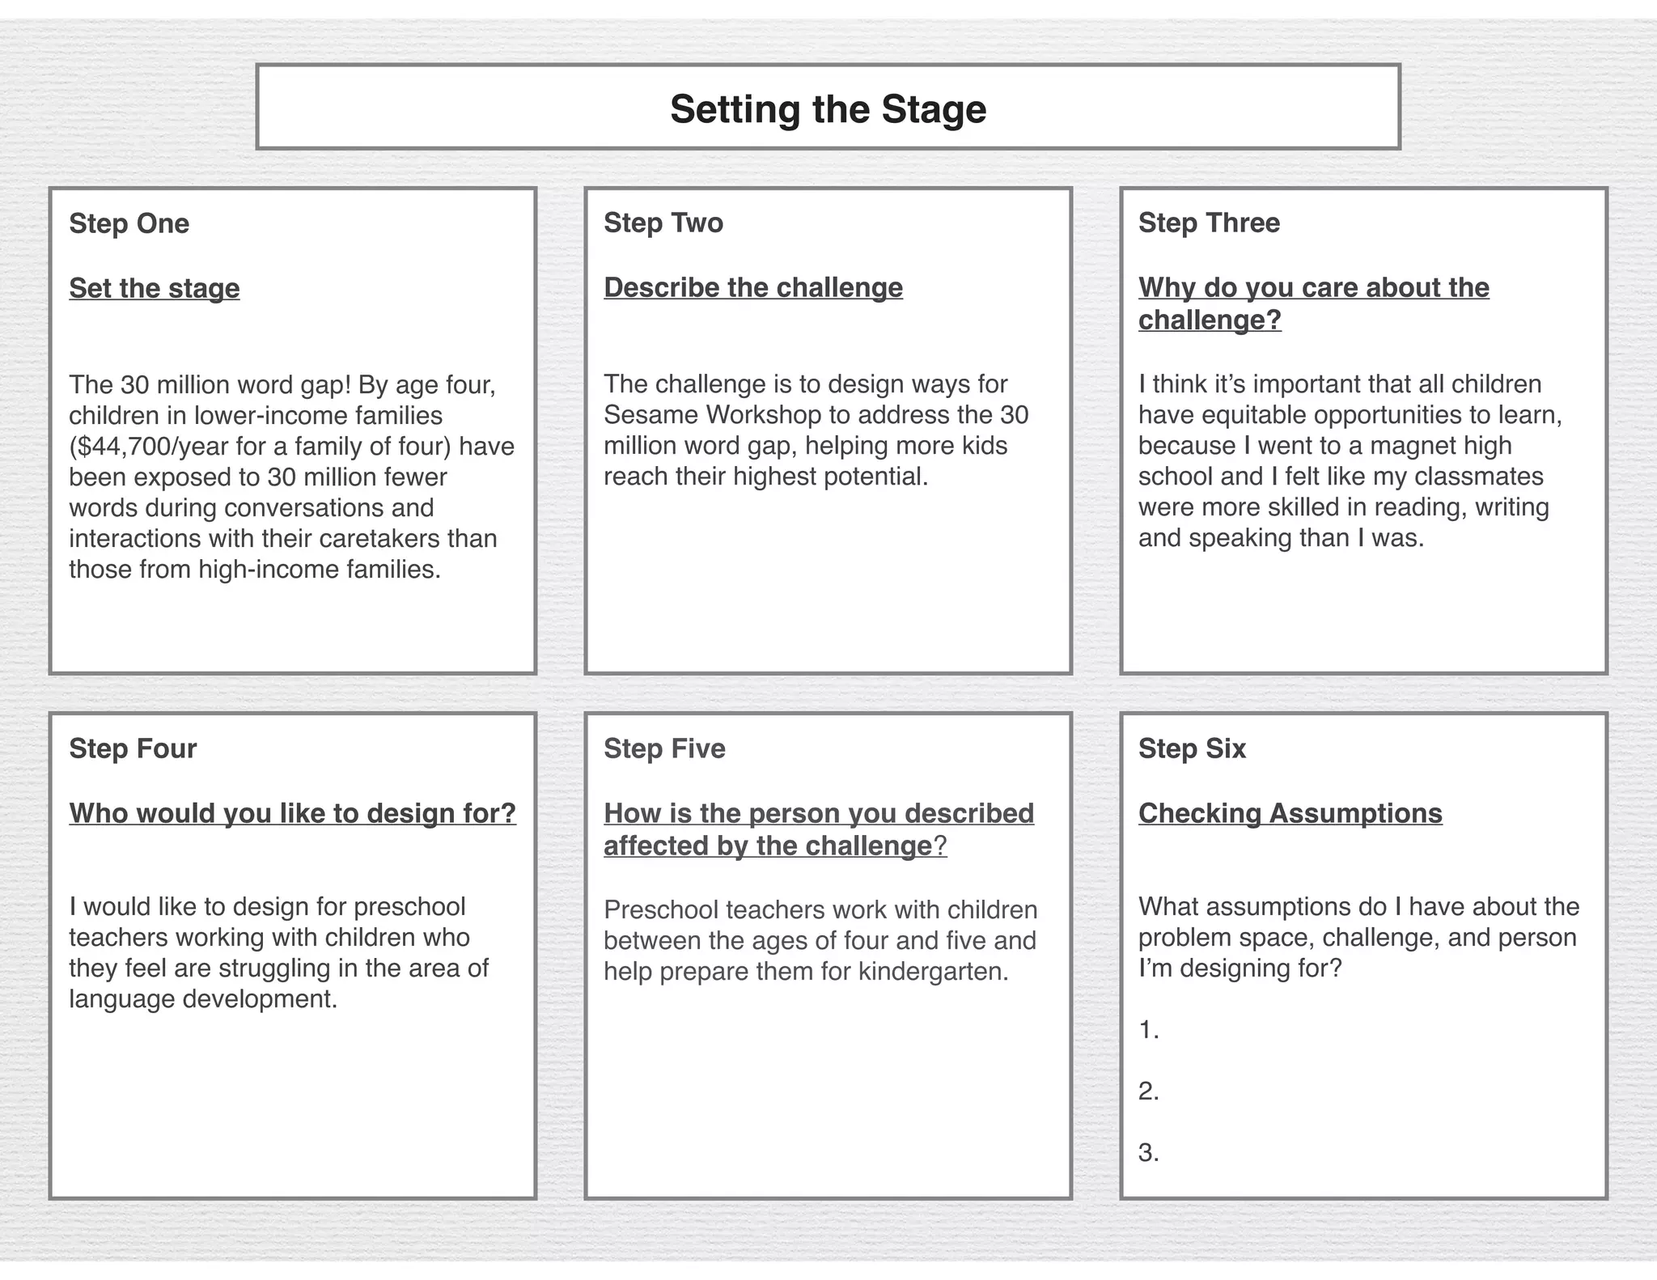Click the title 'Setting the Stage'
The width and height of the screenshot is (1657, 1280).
[828, 109]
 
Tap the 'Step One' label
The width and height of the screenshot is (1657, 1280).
[129, 223]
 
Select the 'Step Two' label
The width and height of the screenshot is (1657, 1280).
[663, 223]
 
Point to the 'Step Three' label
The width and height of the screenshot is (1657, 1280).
[1209, 223]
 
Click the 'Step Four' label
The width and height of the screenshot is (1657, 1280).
[133, 748]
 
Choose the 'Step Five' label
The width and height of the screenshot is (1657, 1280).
[664, 748]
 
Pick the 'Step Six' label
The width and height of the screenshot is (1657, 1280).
[1192, 748]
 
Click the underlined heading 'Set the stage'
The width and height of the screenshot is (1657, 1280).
[155, 288]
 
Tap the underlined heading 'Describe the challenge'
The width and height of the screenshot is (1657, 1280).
[753, 287]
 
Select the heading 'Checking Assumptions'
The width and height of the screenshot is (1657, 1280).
[1290, 813]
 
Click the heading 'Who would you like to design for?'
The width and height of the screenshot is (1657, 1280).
[293, 813]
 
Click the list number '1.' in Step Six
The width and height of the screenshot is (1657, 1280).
[1149, 1030]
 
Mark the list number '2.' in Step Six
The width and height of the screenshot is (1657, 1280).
[1149, 1091]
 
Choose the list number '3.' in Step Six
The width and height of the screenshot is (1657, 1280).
[1149, 1153]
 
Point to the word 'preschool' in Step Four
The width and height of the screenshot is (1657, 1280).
[409, 907]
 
